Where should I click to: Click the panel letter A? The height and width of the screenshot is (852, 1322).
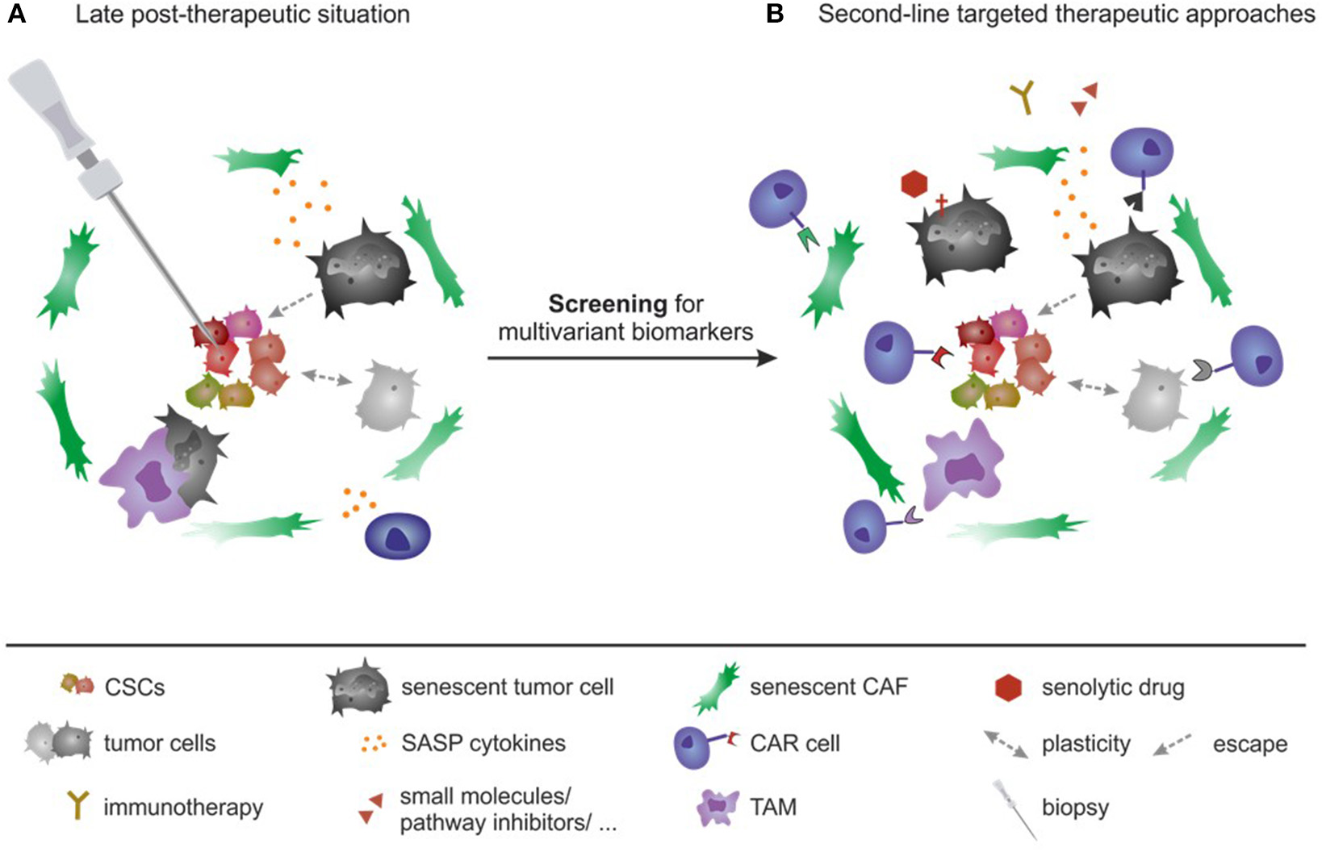(x=16, y=14)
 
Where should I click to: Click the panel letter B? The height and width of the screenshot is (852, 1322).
(x=775, y=14)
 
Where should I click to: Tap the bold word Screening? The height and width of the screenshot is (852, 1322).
(x=608, y=304)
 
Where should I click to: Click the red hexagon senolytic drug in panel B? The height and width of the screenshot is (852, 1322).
(x=914, y=184)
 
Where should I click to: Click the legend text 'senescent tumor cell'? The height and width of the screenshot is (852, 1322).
(x=508, y=687)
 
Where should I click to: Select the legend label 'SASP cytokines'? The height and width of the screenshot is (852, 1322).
(x=483, y=743)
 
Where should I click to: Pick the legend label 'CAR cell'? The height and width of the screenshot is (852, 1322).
(x=795, y=743)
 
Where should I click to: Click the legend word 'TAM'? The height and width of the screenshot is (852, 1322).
(x=773, y=807)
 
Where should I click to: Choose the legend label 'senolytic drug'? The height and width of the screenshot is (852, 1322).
(x=1113, y=687)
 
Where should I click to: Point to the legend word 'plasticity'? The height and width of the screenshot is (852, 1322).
(x=1086, y=743)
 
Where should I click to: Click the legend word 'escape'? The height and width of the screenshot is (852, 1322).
(x=1249, y=744)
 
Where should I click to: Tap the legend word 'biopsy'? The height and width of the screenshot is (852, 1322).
(x=1075, y=807)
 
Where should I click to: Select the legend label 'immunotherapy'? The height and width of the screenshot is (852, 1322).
(x=183, y=807)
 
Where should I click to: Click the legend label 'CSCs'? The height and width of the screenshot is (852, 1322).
(x=135, y=687)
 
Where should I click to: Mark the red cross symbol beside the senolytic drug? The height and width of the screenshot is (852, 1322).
(x=941, y=205)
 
